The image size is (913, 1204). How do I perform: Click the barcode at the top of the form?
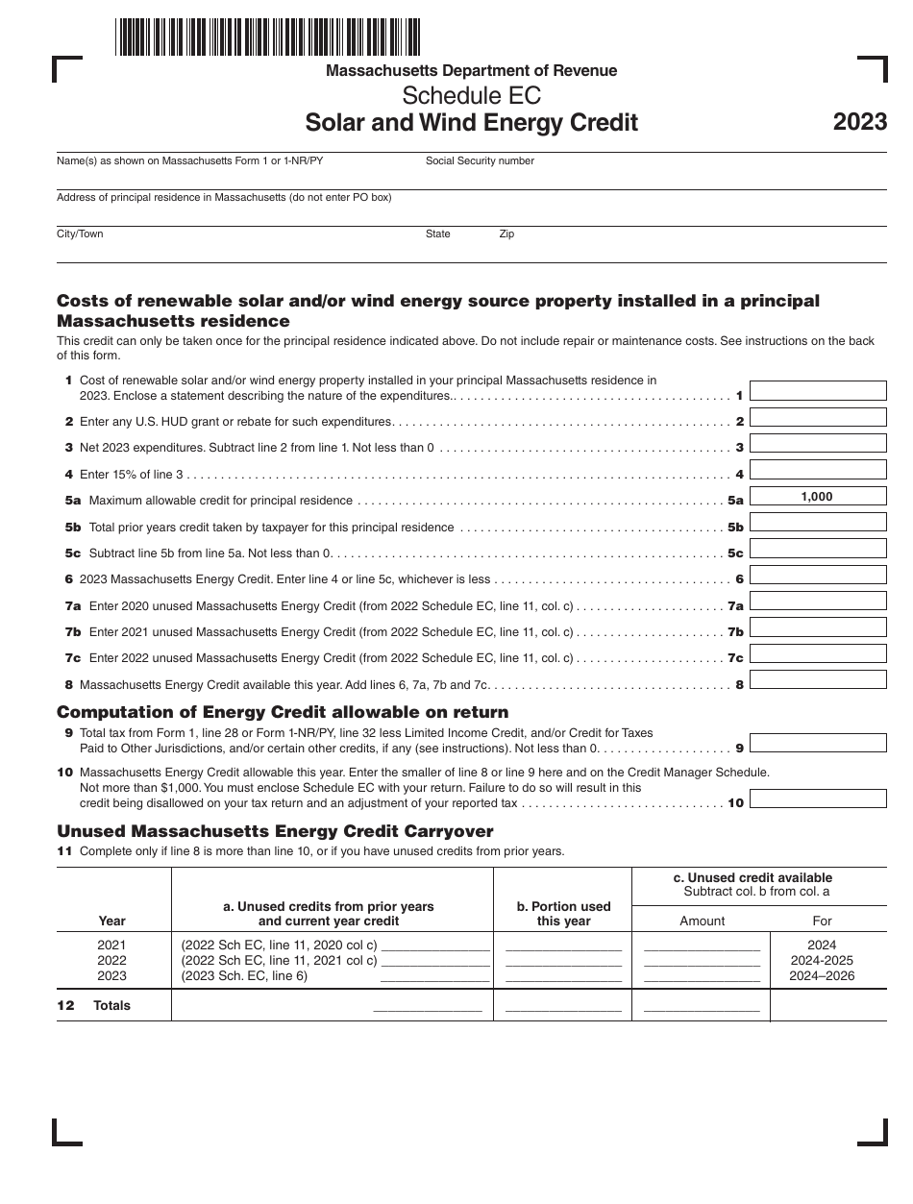click(x=268, y=37)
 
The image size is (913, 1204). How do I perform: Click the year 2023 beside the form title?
click(x=859, y=123)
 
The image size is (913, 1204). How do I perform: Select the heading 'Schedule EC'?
click(x=471, y=96)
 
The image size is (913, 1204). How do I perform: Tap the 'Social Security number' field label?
click(x=480, y=161)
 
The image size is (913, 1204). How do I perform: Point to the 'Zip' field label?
click(x=506, y=234)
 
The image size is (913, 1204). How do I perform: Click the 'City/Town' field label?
click(x=80, y=234)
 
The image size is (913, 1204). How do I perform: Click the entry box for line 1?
click(x=817, y=391)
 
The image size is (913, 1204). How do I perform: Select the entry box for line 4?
click(x=817, y=470)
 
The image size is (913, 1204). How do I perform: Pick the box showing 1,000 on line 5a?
click(x=817, y=497)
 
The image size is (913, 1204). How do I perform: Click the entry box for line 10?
click(x=817, y=799)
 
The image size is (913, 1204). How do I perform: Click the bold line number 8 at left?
click(x=68, y=685)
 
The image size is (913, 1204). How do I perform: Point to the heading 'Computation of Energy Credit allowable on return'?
click(x=283, y=712)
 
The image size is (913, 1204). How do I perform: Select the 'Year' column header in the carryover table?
click(x=111, y=921)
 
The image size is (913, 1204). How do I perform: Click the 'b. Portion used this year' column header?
click(x=562, y=913)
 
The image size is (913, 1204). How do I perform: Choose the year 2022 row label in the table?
click(x=111, y=961)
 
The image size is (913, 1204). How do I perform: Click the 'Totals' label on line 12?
click(x=111, y=1006)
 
